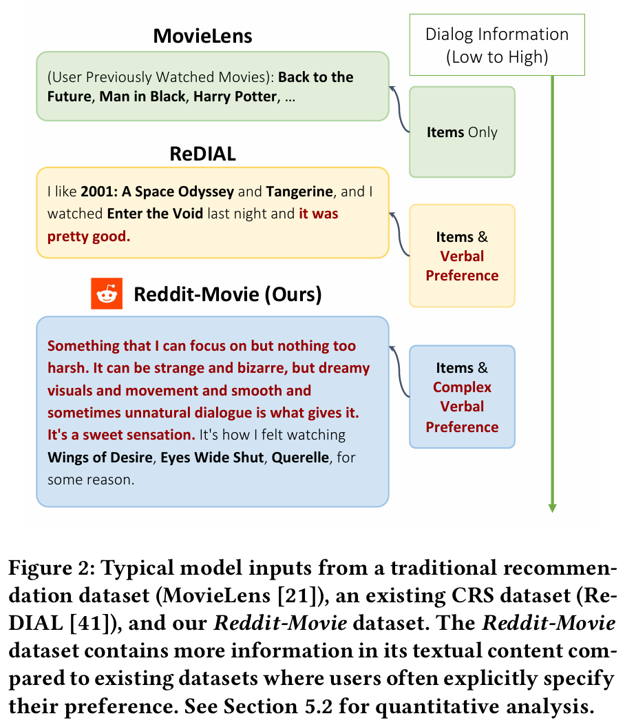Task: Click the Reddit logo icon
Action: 107,294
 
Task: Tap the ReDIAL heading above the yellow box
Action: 202,154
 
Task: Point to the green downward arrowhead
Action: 552,507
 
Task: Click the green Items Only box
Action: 462,132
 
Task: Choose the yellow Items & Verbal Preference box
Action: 462,256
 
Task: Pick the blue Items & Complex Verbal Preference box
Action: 462,397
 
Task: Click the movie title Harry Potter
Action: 235,96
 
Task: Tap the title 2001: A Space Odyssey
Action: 158,192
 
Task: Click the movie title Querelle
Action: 301,458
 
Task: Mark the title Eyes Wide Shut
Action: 212,458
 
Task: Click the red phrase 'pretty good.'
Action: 89,236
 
